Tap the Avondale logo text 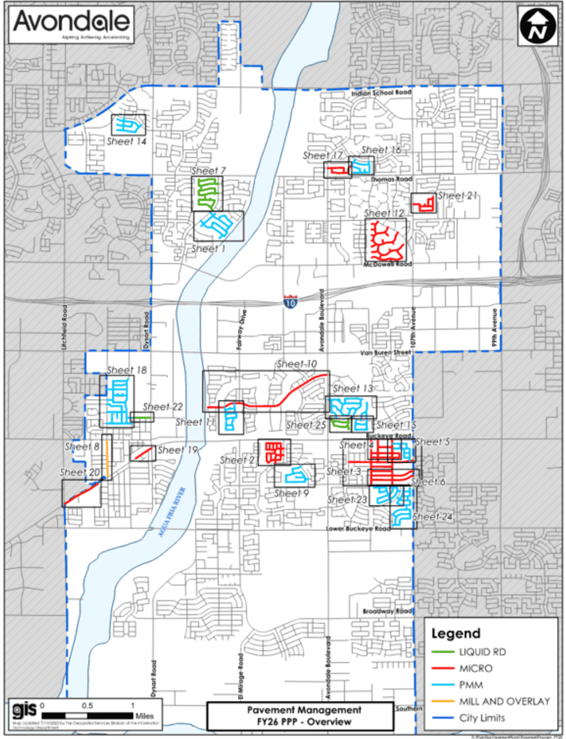pos(71,22)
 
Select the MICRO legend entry pos(475,668)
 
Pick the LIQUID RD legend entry pos(482,652)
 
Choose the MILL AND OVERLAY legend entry pos(504,701)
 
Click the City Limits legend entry pos(482,718)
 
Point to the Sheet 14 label pos(126,142)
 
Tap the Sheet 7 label pos(208,171)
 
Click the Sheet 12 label pos(384,213)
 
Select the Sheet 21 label pos(458,196)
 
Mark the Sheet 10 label pos(297,364)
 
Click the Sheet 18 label pos(126,370)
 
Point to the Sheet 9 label pos(291,493)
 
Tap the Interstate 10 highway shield pos(289,302)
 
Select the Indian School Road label pos(381,93)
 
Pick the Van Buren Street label pos(386,352)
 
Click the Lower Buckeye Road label pos(358,529)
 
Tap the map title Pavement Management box pos(300,715)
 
